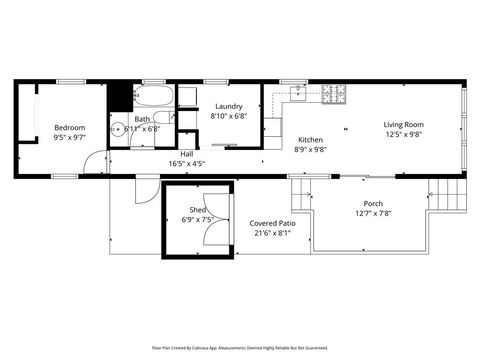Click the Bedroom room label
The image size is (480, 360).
click(69, 128)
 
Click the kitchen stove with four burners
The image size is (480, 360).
click(333, 94)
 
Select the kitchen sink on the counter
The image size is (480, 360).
click(299, 92)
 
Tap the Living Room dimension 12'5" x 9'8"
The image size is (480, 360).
click(403, 134)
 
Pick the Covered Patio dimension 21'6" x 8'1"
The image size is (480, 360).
click(273, 233)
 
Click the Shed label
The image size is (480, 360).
click(198, 209)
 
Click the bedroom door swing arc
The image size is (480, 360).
click(93, 160)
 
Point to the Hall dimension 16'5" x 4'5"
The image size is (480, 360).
click(186, 163)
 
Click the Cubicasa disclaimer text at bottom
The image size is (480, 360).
click(240, 347)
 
